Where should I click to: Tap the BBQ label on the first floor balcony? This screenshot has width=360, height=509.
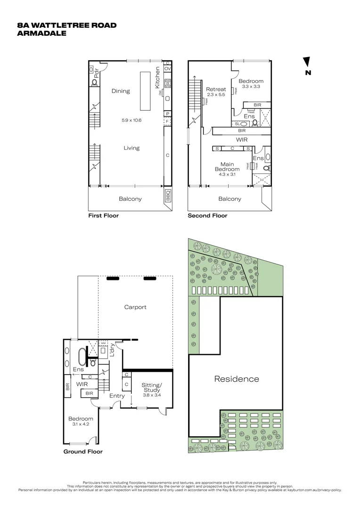pos(168,195)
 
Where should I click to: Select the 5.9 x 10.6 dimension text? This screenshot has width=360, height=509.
pos(131,120)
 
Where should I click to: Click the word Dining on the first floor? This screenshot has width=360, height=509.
pos(121,91)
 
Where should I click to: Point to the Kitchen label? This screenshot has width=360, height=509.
pos(158,78)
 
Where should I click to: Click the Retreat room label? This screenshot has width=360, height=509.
pos(216,89)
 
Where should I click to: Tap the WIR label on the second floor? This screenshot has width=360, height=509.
pos(242,140)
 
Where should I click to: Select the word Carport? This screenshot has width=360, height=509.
pos(135,307)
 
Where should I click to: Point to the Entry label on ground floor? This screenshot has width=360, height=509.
pos(117,395)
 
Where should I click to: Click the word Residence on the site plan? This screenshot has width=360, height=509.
pos(237,378)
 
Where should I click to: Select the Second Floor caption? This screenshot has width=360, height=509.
pos(207,215)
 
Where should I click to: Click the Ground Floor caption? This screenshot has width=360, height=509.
pos(83,451)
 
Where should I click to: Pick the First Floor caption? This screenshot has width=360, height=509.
pos(104,215)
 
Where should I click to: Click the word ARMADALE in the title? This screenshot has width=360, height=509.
pos(41,33)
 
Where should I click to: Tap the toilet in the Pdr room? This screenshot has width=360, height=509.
pos(94,83)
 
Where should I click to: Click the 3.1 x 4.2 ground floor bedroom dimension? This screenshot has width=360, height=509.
pos(81,424)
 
